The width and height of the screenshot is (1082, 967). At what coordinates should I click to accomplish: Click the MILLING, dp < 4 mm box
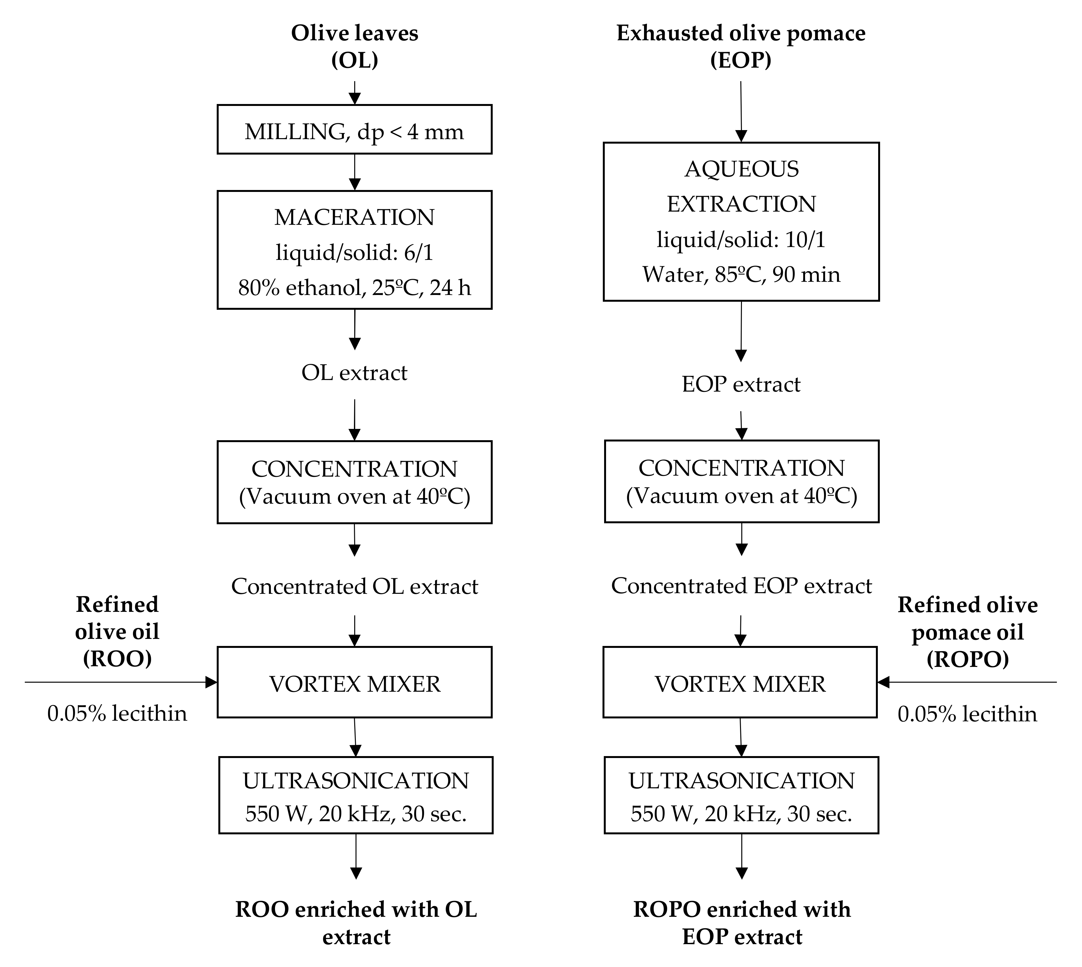pos(355,130)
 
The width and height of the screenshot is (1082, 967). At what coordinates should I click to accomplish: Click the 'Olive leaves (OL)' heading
pos(355,46)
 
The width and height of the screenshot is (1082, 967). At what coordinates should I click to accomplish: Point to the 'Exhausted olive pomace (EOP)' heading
pos(741,46)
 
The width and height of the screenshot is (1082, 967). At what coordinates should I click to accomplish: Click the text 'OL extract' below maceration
pos(355,373)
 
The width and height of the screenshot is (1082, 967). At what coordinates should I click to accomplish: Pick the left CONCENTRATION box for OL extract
pos(355,482)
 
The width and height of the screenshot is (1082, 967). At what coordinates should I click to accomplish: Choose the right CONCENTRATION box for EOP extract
pos(741,481)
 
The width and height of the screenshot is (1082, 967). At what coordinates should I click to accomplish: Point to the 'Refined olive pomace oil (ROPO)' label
pos(967,632)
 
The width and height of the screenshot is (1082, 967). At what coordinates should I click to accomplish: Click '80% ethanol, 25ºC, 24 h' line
pos(355,288)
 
